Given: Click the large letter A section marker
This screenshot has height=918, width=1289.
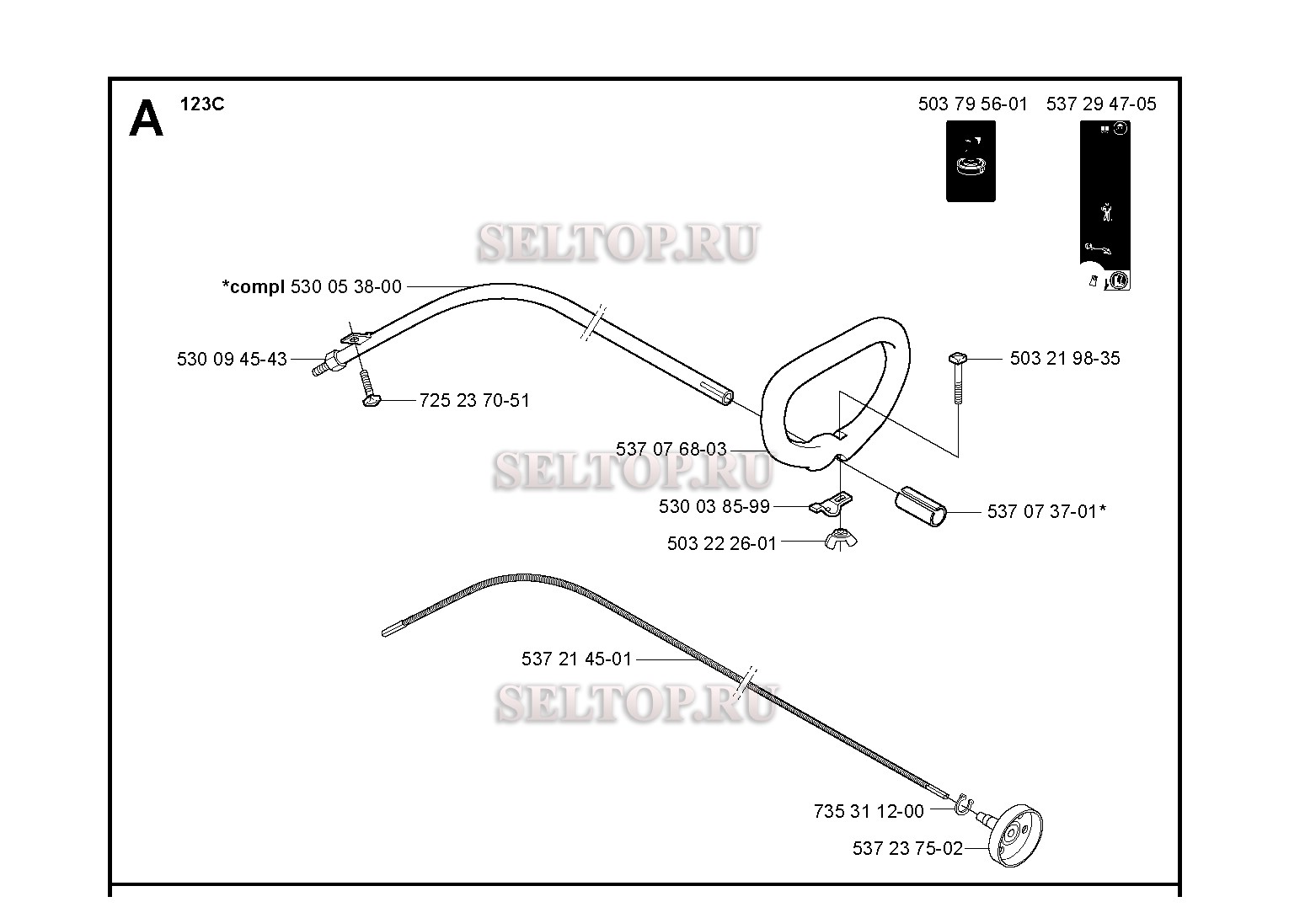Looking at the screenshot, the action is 146,118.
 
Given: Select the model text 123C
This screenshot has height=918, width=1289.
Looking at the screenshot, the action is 202,104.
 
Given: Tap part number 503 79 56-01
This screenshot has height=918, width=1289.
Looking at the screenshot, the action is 972,104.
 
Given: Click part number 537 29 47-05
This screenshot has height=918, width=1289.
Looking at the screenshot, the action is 1101,104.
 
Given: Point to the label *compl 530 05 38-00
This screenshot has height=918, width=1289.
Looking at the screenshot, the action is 312,286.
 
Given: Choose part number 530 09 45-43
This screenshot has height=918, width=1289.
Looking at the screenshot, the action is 232,359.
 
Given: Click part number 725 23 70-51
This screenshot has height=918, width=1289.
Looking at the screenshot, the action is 474,400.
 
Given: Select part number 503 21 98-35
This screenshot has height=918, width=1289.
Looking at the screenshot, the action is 1065,358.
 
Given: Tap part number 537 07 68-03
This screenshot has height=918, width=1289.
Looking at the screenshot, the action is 671,449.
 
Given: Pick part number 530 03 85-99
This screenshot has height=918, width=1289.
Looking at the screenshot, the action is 714,506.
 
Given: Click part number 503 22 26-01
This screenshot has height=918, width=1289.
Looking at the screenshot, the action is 722,543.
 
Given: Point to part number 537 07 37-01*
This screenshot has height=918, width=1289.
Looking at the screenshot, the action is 1046,511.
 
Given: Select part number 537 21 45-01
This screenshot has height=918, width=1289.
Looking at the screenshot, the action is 576,659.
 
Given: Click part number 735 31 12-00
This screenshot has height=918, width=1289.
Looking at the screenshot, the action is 869,811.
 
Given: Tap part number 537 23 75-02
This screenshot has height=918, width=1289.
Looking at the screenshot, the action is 907,848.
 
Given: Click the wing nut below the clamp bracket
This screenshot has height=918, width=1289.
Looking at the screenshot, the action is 841,540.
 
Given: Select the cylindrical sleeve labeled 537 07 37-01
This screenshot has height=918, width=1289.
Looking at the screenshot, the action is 921,507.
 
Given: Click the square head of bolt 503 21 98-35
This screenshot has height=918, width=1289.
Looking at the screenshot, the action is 958,358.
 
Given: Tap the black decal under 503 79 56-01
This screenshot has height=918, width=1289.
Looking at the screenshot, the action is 971,161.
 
